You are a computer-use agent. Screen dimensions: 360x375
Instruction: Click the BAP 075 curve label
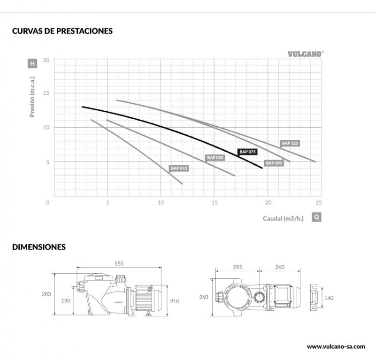click(x=247, y=152)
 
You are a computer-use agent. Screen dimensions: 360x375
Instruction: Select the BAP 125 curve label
click(x=290, y=143)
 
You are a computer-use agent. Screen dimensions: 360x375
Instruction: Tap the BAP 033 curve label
click(x=179, y=168)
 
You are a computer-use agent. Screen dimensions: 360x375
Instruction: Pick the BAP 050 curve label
click(x=215, y=158)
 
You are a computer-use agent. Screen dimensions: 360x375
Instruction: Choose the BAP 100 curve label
click(x=274, y=163)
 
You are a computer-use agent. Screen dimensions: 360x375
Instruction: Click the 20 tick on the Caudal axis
click(x=268, y=203)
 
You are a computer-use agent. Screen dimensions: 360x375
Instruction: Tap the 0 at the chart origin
click(x=47, y=203)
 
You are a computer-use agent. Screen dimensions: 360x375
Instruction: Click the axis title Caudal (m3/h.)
click(x=283, y=218)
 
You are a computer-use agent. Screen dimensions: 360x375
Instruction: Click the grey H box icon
click(x=32, y=63)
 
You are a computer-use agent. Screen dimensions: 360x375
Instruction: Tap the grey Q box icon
click(x=316, y=217)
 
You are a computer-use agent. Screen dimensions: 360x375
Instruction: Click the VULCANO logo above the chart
click(x=305, y=54)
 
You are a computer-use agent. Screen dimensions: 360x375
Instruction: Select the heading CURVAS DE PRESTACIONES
click(x=62, y=31)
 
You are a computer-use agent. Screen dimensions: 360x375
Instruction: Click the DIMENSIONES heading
click(x=39, y=246)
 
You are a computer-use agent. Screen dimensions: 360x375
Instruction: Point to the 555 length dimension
click(x=119, y=264)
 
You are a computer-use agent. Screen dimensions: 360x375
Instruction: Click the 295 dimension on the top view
click(x=237, y=267)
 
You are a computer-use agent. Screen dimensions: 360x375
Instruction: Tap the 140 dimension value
click(x=329, y=297)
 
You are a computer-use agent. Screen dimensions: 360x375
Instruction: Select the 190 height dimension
click(x=66, y=301)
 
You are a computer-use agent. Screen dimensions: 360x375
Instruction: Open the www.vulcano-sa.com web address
click(x=336, y=346)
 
